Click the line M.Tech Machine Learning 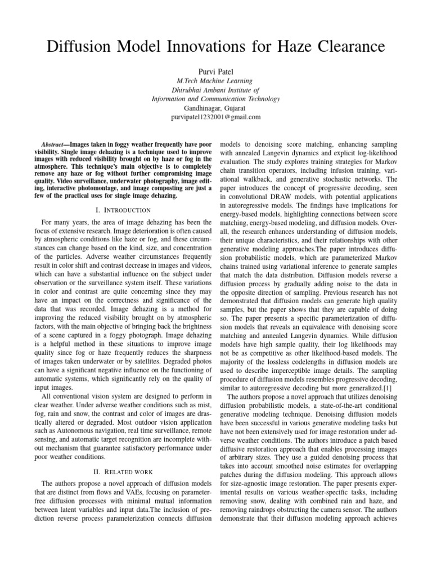click(x=215, y=82)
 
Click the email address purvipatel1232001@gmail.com click(x=215, y=117)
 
